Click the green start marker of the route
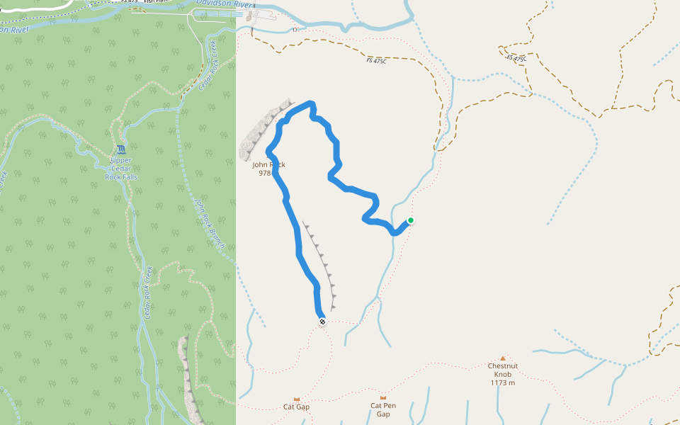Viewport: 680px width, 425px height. pyautogui.click(x=410, y=220)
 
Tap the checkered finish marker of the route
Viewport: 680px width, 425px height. pyautogui.click(x=322, y=322)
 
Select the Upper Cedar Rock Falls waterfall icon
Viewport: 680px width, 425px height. pyautogui.click(x=121, y=149)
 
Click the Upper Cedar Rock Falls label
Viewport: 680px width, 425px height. pyautogui.click(x=121, y=167)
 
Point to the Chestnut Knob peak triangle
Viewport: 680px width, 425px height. pyautogui.click(x=503, y=358)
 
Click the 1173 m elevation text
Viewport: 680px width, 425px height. pyautogui.click(x=502, y=383)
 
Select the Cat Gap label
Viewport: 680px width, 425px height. pyautogui.click(x=297, y=407)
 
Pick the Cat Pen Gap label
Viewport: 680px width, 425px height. pyautogui.click(x=383, y=409)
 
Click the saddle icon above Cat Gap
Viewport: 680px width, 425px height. pyautogui.click(x=297, y=398)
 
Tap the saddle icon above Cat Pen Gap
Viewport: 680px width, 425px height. pyautogui.click(x=383, y=397)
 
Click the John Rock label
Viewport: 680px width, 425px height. pyautogui.click(x=268, y=164)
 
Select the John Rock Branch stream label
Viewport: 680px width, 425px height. pyautogui.click(x=210, y=223)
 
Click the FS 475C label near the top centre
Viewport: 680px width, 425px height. pyautogui.click(x=377, y=61)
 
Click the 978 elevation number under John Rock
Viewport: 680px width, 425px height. pyautogui.click(x=265, y=173)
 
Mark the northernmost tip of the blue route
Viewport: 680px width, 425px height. pyautogui.click(x=310, y=103)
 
